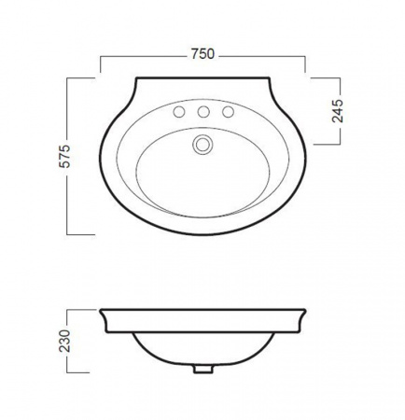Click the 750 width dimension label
pos(202,54)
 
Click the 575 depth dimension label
pos(65,156)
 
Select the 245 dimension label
pos(338,111)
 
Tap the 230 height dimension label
pos(65,341)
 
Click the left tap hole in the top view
pos(179,112)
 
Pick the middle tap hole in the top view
pos(203,112)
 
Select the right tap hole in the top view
pos(228,112)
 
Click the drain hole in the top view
pos(202,145)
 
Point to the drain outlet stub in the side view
pos(202,369)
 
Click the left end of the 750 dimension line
pos(100,72)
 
